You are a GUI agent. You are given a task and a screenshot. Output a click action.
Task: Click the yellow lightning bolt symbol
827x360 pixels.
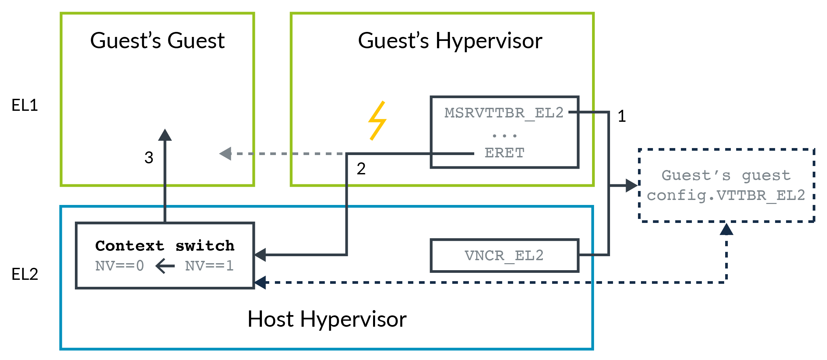(377, 120)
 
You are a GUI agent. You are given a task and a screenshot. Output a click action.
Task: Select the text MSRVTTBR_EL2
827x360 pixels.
(504, 113)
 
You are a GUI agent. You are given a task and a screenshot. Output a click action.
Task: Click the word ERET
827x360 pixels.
(505, 153)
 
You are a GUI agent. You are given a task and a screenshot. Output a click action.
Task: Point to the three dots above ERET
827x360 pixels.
(505, 136)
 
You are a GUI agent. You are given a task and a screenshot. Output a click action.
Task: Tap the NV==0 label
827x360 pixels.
(119, 266)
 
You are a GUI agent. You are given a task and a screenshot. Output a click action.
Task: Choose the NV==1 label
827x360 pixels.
(209, 266)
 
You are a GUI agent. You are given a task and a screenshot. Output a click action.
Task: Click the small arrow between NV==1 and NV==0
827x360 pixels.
(165, 266)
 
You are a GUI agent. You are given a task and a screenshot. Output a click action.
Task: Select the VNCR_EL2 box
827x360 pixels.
(504, 256)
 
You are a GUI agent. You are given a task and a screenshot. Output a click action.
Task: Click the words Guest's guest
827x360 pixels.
(726, 175)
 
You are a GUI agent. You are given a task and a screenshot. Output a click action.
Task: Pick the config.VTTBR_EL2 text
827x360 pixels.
(726, 195)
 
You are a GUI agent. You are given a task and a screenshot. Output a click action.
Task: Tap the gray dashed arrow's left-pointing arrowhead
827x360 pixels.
(225, 154)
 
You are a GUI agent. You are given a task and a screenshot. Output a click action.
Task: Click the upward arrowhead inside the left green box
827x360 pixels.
(165, 135)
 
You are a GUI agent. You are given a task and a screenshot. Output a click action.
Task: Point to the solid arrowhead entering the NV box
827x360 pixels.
(260, 255)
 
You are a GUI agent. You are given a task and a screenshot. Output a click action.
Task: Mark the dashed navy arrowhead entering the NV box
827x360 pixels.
(260, 282)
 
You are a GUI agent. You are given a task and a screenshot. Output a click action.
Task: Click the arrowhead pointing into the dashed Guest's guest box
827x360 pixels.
(631, 185)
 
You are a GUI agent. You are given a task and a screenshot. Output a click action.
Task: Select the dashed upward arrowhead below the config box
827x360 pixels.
(726, 230)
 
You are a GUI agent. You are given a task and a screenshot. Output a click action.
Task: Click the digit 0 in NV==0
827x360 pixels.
(140, 266)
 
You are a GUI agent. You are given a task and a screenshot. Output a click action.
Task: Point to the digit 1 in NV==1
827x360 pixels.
(230, 266)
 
